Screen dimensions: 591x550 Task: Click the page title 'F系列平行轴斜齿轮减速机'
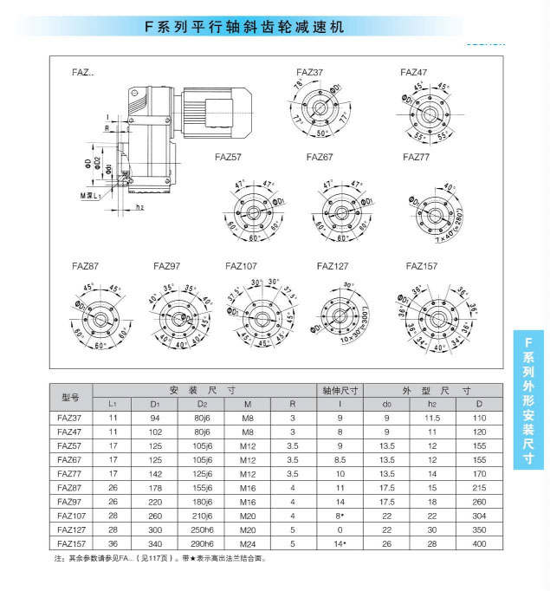point(245,27)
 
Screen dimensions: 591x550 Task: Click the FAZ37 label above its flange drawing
point(309,73)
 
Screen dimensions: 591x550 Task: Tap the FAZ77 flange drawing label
point(417,157)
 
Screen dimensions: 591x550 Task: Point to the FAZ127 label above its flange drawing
point(333,266)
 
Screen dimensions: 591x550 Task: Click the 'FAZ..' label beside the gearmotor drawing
point(82,74)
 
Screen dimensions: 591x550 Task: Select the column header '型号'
point(71,398)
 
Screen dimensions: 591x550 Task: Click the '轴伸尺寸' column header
point(340,390)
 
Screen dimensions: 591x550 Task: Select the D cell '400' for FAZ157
point(479,543)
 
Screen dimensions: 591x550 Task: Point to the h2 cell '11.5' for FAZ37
point(433,418)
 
